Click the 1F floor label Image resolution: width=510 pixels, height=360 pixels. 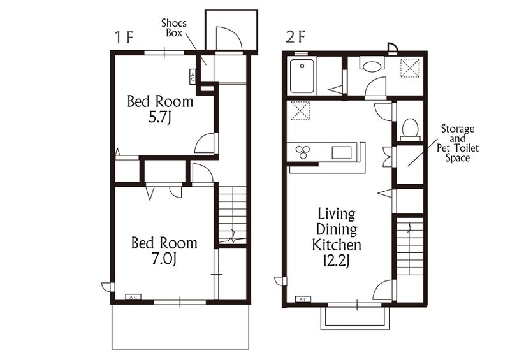click(124, 38)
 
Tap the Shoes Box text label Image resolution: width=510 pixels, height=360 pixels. click(174, 27)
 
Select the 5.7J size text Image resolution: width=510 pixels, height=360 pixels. click(160, 117)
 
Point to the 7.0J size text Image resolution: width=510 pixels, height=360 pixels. click(164, 259)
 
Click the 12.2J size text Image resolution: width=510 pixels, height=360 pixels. click(337, 261)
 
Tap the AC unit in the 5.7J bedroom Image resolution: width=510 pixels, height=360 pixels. click(193, 76)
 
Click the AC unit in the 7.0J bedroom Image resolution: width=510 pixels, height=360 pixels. click(133, 297)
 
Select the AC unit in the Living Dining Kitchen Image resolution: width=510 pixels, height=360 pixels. click(303, 299)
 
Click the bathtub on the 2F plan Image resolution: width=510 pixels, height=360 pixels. click(302, 76)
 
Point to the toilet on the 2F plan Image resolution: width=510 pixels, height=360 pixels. click(410, 129)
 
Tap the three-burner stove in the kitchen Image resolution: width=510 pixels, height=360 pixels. click(303, 152)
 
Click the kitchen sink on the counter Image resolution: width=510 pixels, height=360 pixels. click(342, 152)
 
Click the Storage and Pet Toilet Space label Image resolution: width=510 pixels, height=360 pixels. click(458, 143)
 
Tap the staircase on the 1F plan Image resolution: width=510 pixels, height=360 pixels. click(232, 215)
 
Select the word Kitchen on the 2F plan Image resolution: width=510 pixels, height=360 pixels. click(337, 245)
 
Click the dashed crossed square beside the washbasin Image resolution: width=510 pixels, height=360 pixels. click(410, 68)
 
